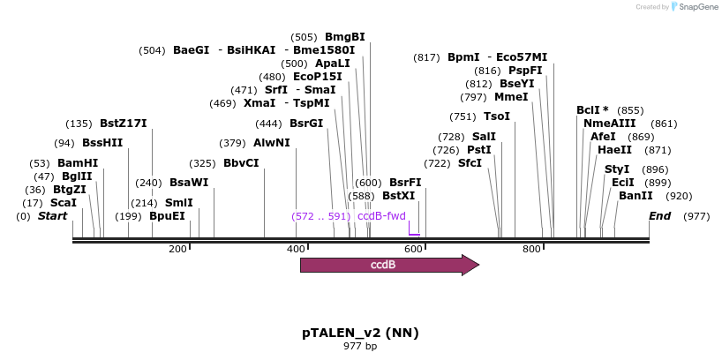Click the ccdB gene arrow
[x=388, y=265]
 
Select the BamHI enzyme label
[x=78, y=163]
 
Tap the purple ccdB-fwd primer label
[x=381, y=216]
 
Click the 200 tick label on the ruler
[x=177, y=250]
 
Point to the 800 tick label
[x=531, y=250]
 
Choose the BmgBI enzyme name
[x=345, y=37]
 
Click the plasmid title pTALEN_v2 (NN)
[x=360, y=333]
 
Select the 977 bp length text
[x=360, y=346]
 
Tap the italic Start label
[x=52, y=216]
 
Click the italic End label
[x=659, y=216]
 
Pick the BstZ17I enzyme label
[x=124, y=124]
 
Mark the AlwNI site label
[x=271, y=143]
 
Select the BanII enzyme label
[x=636, y=196]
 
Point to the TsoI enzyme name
[x=497, y=116]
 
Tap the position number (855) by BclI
[x=631, y=110]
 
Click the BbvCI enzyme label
[x=241, y=163]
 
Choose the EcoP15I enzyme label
[x=318, y=77]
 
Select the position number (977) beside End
[x=696, y=216]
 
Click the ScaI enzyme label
[x=63, y=203]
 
